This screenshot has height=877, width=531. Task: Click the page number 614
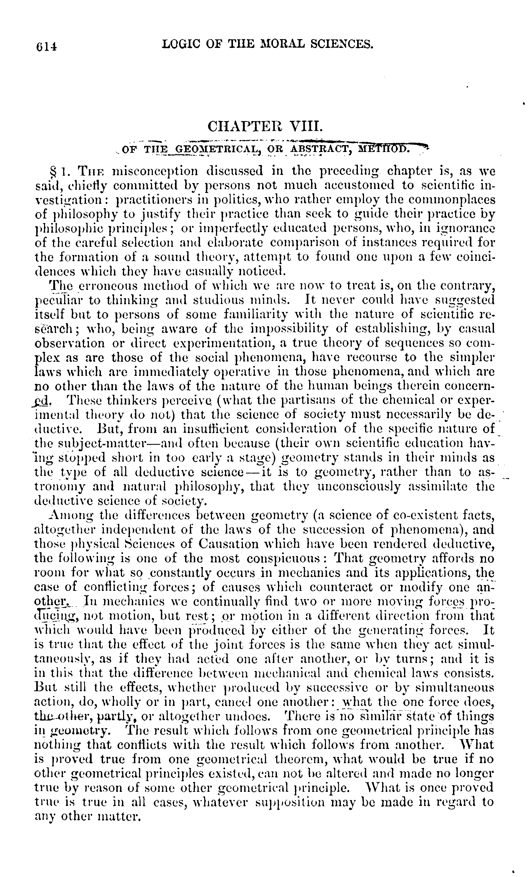[46, 46]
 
